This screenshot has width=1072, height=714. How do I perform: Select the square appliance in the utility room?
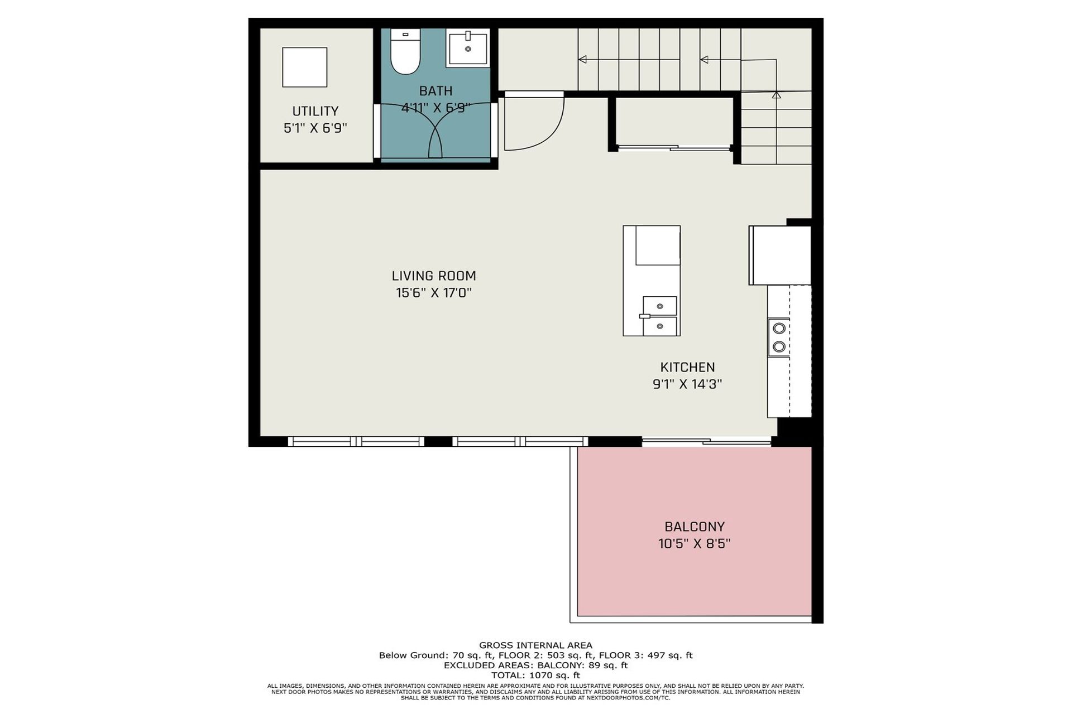(304, 67)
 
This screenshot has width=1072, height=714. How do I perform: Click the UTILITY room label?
(315, 111)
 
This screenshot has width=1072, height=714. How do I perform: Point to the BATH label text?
(436, 91)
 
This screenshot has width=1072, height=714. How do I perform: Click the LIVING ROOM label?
(434, 276)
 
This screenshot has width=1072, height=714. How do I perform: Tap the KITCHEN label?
(687, 367)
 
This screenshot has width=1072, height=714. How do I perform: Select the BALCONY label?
(695, 527)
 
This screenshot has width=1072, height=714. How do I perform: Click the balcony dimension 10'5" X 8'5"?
(695, 543)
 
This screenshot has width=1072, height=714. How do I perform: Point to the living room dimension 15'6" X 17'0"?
(434, 292)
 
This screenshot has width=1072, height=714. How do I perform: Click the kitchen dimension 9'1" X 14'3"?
(687, 384)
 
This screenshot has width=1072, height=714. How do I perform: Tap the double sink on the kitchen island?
(659, 316)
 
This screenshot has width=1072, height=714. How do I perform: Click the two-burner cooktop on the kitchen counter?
(779, 337)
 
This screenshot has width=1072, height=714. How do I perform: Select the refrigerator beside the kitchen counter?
(779, 255)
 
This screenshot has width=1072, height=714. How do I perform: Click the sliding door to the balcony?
(706, 442)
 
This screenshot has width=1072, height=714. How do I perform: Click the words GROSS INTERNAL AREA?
(535, 645)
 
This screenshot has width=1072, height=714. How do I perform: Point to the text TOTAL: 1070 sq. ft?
(535, 676)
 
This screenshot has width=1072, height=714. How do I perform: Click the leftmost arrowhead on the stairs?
(582, 59)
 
